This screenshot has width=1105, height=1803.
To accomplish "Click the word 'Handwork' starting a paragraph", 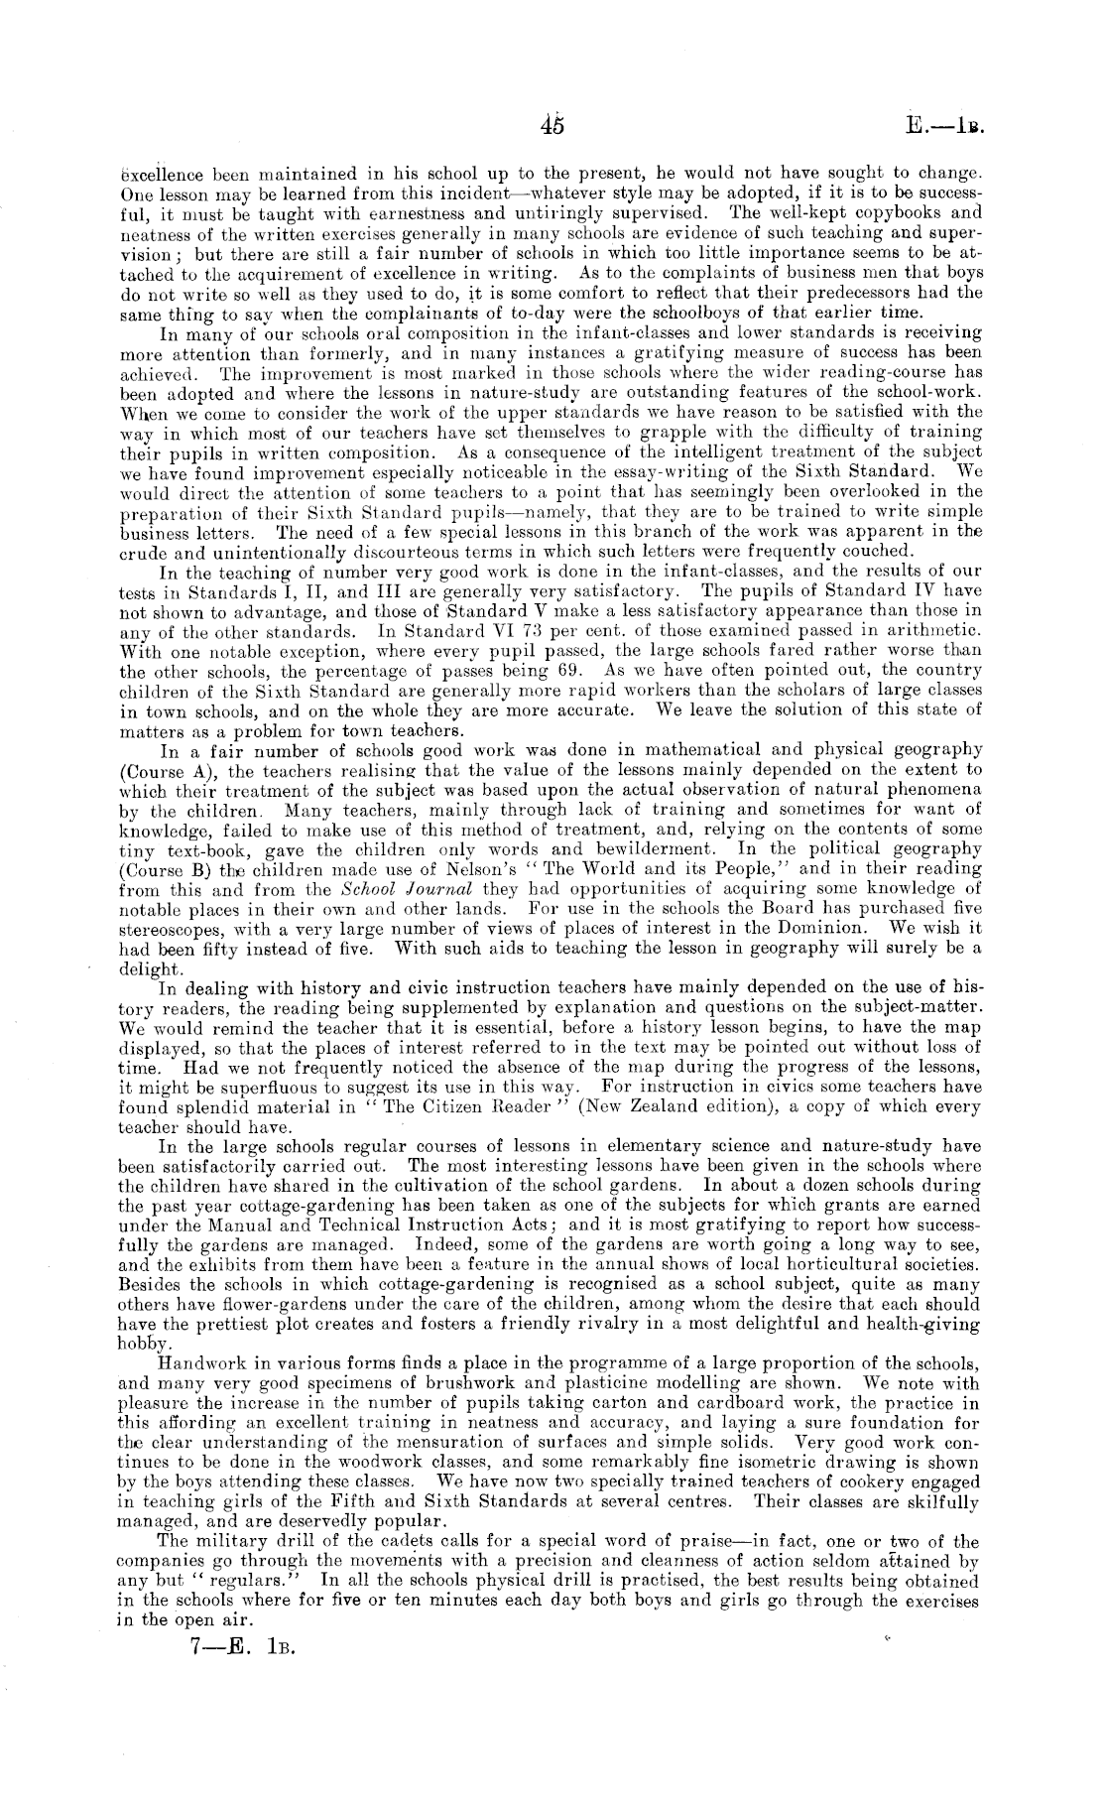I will click(x=199, y=1363).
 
